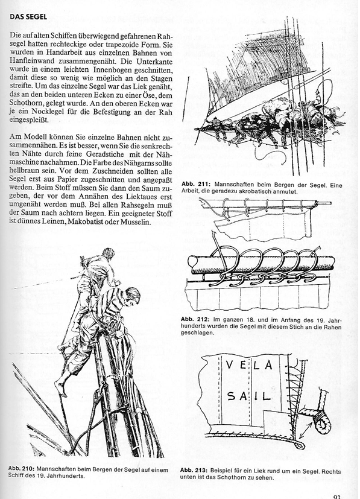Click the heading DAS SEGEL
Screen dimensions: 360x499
click(28, 17)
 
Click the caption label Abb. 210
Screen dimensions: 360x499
click(21, 469)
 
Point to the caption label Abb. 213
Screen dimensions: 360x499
click(192, 471)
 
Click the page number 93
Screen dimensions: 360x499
click(338, 497)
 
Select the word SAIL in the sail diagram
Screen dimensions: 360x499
click(249, 396)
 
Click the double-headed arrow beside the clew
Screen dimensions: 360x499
click(306, 430)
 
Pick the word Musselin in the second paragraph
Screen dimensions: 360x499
click(135, 222)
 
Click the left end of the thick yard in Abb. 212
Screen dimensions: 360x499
click(191, 262)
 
